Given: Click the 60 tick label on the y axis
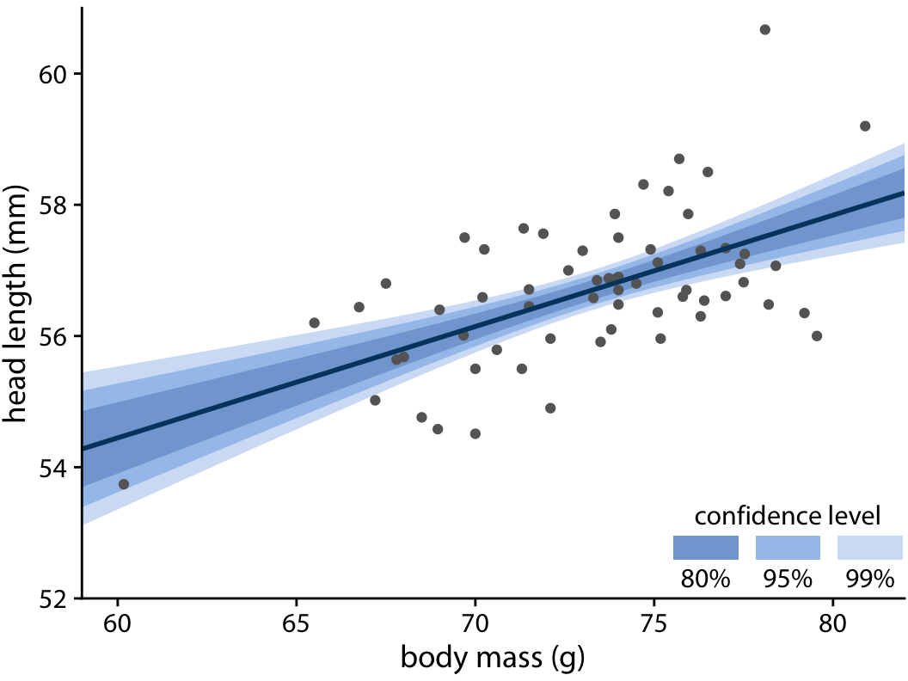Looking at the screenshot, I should [x=53, y=74].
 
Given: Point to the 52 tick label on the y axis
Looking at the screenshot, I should [x=53, y=598].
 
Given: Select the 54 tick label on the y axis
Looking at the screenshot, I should [x=53, y=468].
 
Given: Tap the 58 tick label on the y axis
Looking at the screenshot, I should [x=53, y=206].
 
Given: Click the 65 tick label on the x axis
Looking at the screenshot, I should [x=297, y=621].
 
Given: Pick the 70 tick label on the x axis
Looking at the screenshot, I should [x=475, y=621].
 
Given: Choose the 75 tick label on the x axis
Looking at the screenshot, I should [x=653, y=621].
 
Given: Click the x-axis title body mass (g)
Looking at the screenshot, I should [x=493, y=659].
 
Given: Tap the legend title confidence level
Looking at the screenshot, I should [x=787, y=516].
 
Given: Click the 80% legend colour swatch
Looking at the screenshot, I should [x=706, y=548].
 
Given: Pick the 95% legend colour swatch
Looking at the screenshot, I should [x=788, y=548].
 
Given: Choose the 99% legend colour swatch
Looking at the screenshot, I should [x=870, y=548].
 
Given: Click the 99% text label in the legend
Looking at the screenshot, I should [x=870, y=579].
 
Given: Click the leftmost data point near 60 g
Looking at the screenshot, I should [x=124, y=484].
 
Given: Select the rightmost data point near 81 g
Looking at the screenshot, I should [x=865, y=126].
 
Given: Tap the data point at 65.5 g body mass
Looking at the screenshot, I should [x=314, y=322].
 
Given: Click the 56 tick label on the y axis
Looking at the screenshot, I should [x=53, y=336].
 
